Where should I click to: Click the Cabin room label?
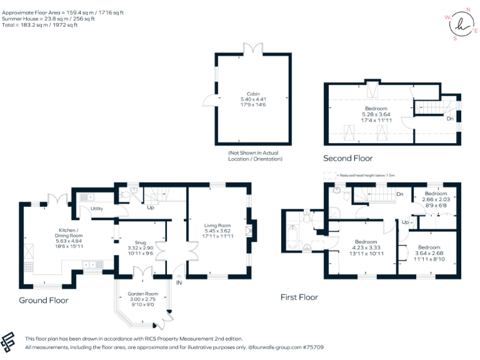point(253,94)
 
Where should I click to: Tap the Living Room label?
point(217,226)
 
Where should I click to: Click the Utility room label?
point(97,209)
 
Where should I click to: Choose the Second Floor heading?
point(348,158)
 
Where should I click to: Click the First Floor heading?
point(299,297)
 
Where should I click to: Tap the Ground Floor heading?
point(43,300)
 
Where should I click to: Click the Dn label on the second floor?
point(449,118)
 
